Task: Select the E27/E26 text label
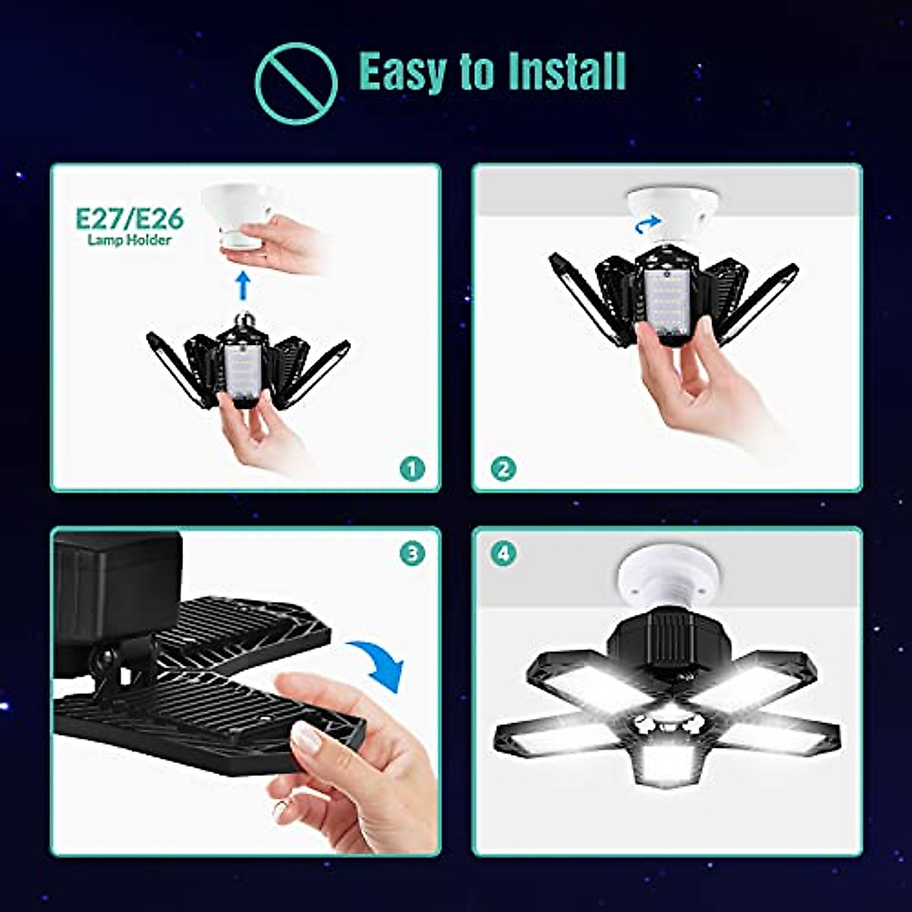click(x=129, y=219)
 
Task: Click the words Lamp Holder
click(x=129, y=240)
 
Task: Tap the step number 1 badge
click(x=412, y=469)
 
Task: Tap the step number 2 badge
click(x=502, y=469)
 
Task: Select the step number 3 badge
click(x=412, y=553)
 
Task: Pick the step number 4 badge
click(x=502, y=553)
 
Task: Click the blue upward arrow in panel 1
click(x=242, y=285)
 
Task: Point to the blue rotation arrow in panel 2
click(x=648, y=223)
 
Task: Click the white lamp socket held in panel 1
click(x=242, y=213)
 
